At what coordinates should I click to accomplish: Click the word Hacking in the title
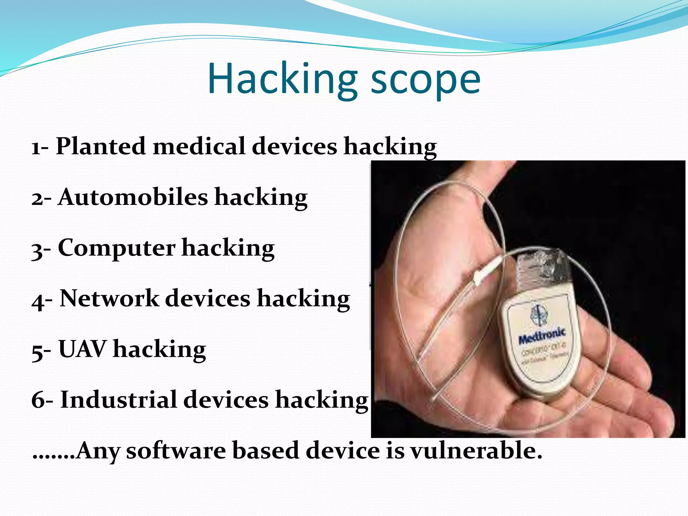click(x=282, y=79)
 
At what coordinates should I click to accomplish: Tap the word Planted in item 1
click(x=100, y=146)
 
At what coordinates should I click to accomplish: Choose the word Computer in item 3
click(x=117, y=248)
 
